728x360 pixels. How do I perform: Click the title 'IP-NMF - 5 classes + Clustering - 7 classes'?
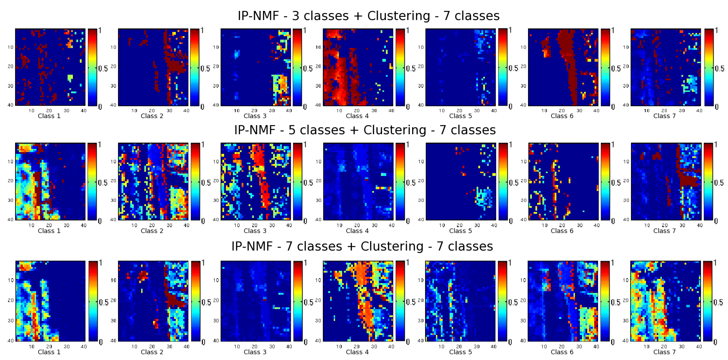pos(365,130)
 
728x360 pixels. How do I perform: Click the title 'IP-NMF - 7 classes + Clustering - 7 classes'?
pos(362,246)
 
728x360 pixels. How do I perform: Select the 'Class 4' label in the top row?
pos(357,116)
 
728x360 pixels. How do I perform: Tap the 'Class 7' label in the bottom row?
pos(664,352)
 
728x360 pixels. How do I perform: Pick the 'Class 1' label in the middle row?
pos(49,231)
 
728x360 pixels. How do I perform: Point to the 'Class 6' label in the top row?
pos(562,116)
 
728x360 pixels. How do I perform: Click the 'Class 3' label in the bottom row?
pos(255,352)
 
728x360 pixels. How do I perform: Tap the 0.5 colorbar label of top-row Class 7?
pos(719,69)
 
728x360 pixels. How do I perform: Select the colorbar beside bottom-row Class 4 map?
pos(400,301)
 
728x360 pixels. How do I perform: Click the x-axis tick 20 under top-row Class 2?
pos(152,111)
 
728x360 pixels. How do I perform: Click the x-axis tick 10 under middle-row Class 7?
pos(647,225)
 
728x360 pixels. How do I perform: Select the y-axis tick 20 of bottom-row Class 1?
pos(11,300)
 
